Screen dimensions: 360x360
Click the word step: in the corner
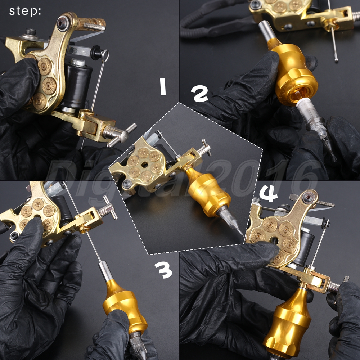click(x=25, y=11)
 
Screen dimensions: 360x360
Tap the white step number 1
click(x=163, y=86)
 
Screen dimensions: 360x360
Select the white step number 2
click(x=199, y=94)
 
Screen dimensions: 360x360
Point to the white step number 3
click(x=163, y=270)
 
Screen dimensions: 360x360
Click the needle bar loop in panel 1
click(x=105, y=56)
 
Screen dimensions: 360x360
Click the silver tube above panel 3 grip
click(x=105, y=271)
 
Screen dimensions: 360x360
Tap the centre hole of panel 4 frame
click(x=274, y=240)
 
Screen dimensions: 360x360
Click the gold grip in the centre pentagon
click(x=207, y=192)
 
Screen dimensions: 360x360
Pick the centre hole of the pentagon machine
click(x=145, y=165)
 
